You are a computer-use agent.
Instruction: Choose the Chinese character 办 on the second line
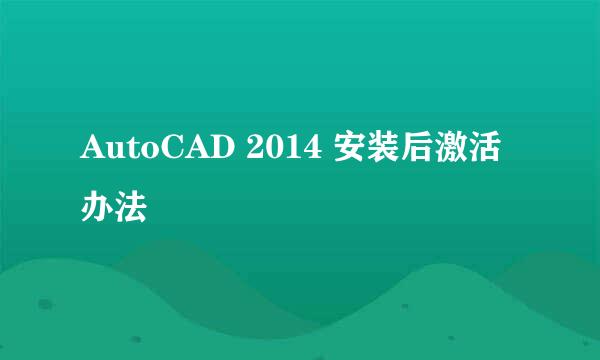coord(97,209)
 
